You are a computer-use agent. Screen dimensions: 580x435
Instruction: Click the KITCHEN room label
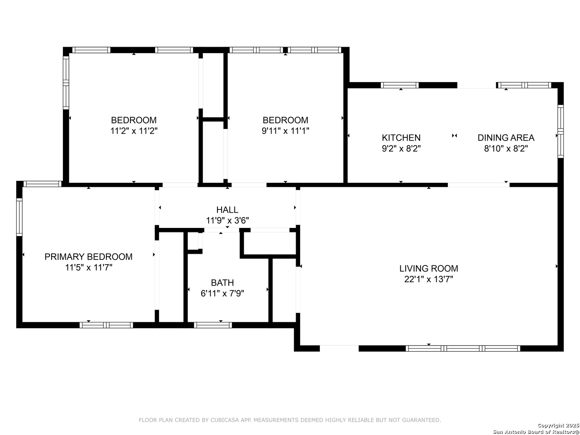[401, 138]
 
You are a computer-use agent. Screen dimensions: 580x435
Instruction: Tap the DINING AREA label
[506, 138]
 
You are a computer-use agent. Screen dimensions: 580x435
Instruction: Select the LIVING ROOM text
[429, 268]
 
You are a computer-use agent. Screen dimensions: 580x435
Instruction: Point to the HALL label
[227, 210]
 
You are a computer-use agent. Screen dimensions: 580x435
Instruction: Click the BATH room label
[222, 283]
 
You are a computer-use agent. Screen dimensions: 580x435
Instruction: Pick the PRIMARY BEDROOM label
[89, 257]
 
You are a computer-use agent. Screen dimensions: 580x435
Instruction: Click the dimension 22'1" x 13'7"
[429, 279]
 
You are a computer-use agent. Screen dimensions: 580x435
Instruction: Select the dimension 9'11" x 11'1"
[286, 131]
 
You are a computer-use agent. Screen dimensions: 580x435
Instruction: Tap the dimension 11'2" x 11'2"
[134, 131]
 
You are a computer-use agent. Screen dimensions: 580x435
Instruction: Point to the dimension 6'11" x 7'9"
[222, 294]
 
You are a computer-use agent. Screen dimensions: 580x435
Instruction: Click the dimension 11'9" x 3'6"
[227, 220]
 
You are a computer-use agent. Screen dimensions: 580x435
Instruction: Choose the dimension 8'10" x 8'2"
[506, 149]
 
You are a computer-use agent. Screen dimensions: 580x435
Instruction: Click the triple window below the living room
[463, 348]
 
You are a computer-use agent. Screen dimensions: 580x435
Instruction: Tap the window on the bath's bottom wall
[213, 325]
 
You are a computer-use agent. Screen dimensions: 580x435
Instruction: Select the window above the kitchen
[400, 85]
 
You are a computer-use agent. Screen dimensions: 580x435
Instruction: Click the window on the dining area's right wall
[560, 131]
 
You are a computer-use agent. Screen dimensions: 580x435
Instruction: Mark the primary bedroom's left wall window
[19, 217]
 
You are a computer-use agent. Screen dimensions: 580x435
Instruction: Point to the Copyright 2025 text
[558, 425]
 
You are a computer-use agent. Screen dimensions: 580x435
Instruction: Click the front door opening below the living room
[339, 348]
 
